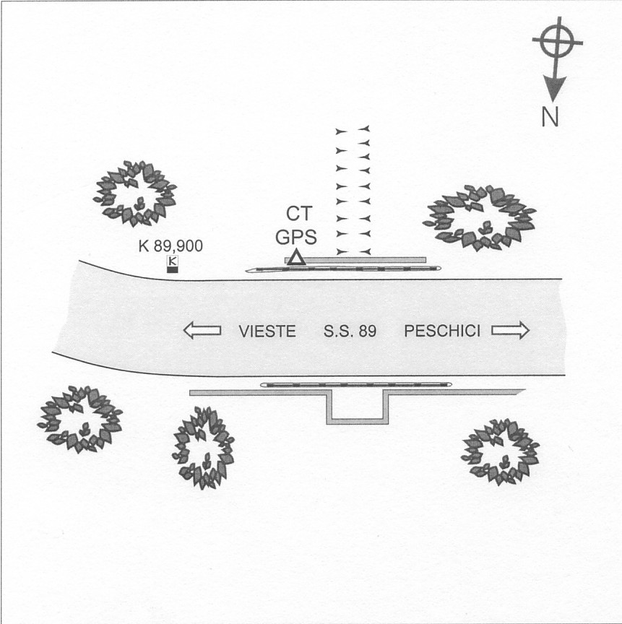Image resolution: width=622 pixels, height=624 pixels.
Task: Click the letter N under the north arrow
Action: [550, 117]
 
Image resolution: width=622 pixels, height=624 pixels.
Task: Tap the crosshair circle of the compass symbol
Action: [558, 41]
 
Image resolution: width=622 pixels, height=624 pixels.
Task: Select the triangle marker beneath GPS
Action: [296, 257]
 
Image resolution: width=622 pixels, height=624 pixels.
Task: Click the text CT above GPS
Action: [299, 214]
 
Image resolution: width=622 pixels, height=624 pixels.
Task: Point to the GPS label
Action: [296, 237]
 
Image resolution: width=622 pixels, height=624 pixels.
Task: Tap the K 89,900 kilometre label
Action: [170, 246]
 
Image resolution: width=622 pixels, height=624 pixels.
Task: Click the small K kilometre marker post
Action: [173, 264]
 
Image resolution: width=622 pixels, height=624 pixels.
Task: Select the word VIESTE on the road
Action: [267, 331]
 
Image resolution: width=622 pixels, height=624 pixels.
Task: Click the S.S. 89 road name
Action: [350, 331]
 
